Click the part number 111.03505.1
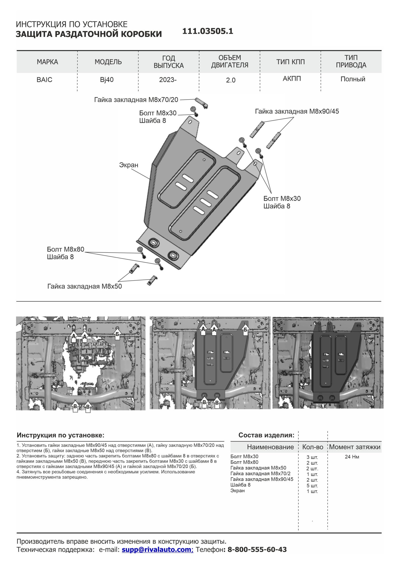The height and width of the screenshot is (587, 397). click(208, 31)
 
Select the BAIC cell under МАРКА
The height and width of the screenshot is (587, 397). click(45, 80)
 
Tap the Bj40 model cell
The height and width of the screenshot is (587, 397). click(107, 80)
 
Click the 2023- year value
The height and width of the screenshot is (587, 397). click(168, 80)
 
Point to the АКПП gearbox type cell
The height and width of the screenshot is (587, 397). click(292, 79)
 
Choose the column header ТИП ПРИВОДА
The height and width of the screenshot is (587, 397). click(351, 61)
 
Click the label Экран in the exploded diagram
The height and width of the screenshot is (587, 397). click(129, 165)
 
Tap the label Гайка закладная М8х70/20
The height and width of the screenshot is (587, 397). click(136, 100)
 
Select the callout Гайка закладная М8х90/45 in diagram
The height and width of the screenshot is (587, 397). click(297, 111)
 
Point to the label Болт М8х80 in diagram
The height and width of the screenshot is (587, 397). click(65, 249)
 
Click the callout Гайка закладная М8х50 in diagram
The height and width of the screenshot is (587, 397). click(85, 286)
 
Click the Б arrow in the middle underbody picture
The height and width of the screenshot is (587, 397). click(245, 330)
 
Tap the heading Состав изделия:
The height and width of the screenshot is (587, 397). click(266, 435)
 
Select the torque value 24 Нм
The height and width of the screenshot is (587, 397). click(352, 457)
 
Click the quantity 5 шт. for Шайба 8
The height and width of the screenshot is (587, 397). click(312, 486)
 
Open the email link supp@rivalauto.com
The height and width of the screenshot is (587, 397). click(157, 550)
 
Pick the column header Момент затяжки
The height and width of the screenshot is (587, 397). click(355, 447)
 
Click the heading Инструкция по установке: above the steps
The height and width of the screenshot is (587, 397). click(61, 435)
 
